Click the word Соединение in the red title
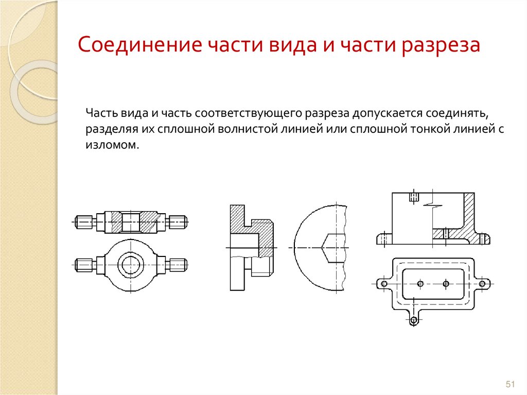[x=139, y=44]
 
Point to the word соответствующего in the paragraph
[x=248, y=113]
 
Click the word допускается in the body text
[x=386, y=114]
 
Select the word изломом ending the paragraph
[x=112, y=145]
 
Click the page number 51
[x=510, y=384]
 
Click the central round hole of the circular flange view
[x=131, y=265]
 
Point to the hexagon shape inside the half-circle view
[x=333, y=248]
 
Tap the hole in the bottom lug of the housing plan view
[x=414, y=320]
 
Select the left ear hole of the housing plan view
[x=384, y=284]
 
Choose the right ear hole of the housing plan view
[x=482, y=284]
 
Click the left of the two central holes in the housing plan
[x=420, y=284]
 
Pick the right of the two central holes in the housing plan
[x=446, y=284]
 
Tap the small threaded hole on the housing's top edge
[x=414, y=197]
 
